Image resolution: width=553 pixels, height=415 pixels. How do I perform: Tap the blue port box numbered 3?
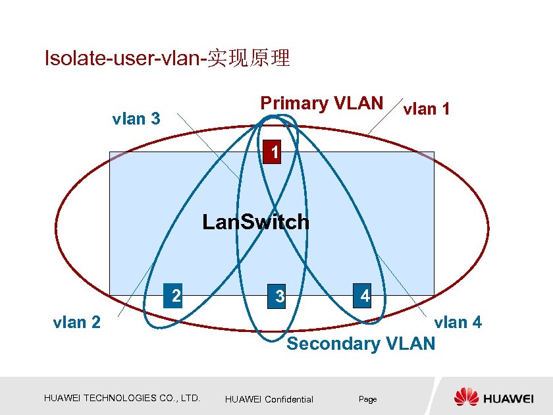click(279, 296)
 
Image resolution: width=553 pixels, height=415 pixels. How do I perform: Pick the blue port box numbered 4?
click(364, 296)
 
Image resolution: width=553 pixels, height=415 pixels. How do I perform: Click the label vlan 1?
click(427, 109)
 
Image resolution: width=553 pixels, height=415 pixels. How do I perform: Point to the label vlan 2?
click(77, 322)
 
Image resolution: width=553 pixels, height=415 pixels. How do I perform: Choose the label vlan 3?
click(136, 119)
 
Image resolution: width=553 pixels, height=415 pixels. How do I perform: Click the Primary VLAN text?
click(321, 103)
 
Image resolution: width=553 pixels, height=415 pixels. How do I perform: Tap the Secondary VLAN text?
click(361, 343)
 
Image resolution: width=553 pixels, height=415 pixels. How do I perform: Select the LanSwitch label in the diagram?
click(255, 222)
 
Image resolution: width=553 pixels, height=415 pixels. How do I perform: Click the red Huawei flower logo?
click(466, 397)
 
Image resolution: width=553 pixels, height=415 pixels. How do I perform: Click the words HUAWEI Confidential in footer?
click(269, 399)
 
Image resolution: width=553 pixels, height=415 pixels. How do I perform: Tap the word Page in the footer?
click(367, 399)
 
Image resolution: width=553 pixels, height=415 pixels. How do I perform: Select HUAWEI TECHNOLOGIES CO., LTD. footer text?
click(122, 398)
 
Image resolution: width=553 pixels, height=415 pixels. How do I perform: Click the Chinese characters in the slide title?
click(248, 59)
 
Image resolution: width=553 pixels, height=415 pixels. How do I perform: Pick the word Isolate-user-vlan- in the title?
click(125, 59)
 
